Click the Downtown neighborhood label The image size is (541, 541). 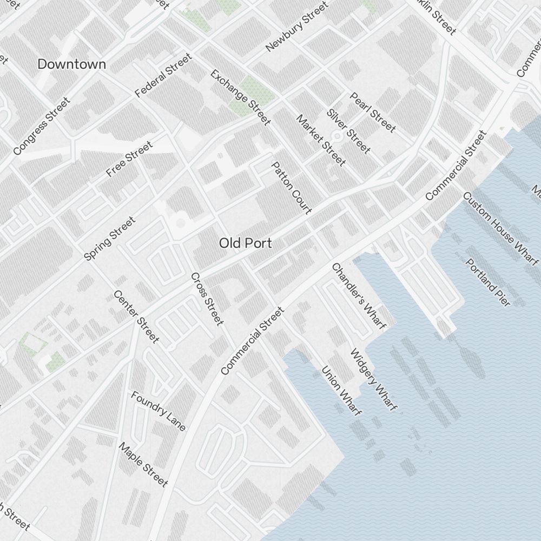71,64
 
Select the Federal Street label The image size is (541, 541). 163,75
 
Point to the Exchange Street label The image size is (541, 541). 240,97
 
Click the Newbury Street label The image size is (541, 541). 297,27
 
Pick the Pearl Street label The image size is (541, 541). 373,112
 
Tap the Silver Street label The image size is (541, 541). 348,131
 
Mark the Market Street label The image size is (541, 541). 321,140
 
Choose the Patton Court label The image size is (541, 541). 292,187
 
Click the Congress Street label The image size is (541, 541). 42,126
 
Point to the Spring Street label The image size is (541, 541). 110,239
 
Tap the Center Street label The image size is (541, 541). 136,316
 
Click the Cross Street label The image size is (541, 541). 207,299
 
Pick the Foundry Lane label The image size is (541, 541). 159,411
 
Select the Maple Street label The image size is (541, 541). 143,464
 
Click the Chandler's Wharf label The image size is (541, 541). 359,296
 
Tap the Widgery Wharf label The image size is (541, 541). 374,379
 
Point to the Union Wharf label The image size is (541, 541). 341,391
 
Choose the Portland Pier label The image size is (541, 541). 488,282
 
